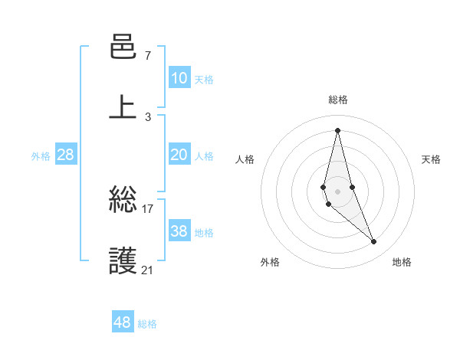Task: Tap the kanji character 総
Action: (123, 202)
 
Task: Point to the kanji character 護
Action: (123, 261)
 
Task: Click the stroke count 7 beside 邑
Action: (147, 57)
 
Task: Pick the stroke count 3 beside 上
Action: (147, 116)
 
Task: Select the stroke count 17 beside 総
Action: (148, 208)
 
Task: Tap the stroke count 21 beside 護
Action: (148, 270)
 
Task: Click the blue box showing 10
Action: (179, 78)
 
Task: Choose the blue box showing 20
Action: (179, 155)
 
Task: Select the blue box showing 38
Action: (179, 231)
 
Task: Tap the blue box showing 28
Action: (66, 155)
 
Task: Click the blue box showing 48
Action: (122, 322)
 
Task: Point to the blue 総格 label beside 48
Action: (147, 324)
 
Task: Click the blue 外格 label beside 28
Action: (41, 156)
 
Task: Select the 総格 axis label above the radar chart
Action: (338, 100)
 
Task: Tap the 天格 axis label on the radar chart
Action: (432, 159)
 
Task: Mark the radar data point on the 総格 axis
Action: (337, 129)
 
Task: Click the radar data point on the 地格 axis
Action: (374, 242)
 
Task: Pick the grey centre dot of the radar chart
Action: (337, 191)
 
